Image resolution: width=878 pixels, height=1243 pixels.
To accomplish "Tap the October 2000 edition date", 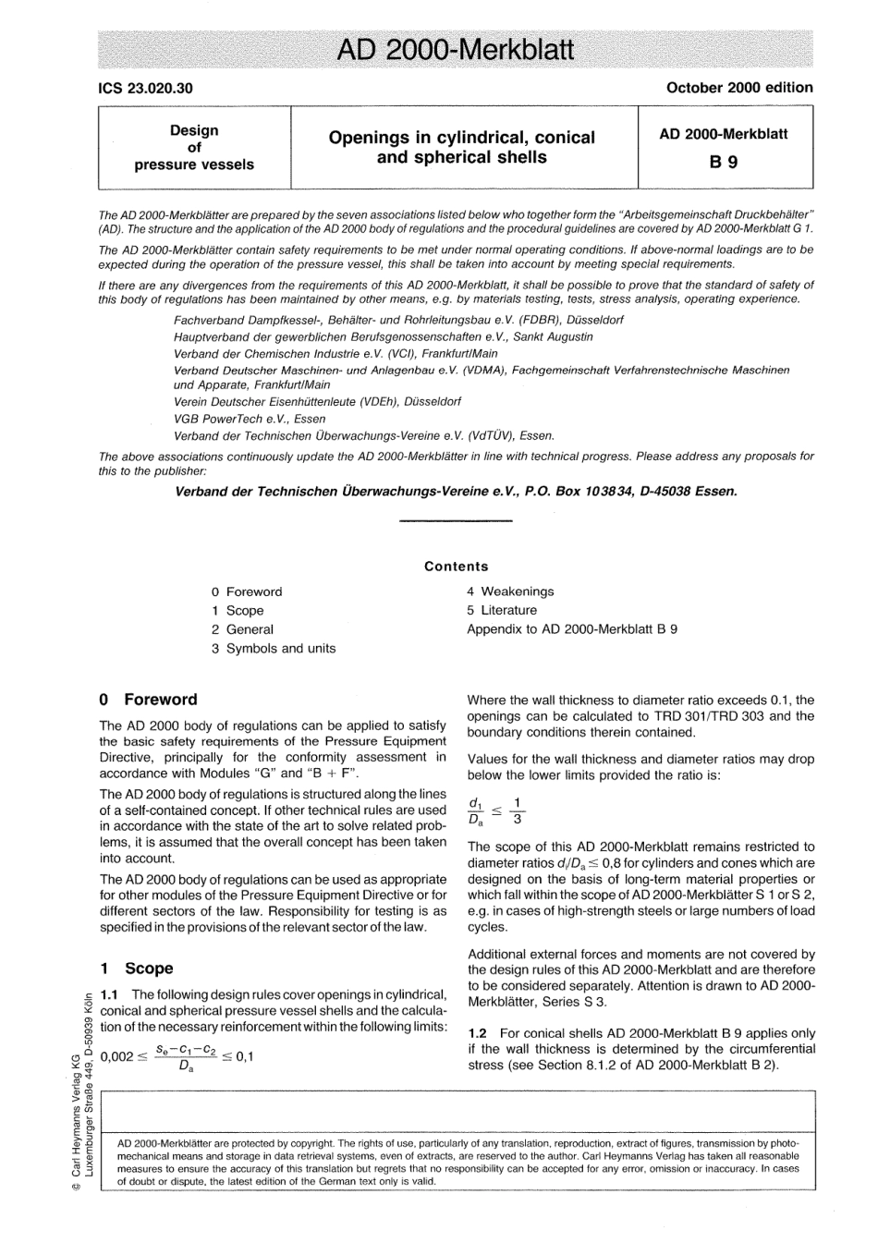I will coord(738,88).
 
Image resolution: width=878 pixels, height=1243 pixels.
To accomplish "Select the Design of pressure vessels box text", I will coord(194,148).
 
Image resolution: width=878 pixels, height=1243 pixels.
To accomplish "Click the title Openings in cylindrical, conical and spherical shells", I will coord(461,147).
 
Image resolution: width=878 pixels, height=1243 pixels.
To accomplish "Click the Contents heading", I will coord(456,567).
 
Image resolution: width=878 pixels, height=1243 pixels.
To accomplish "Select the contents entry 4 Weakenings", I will coord(510,591).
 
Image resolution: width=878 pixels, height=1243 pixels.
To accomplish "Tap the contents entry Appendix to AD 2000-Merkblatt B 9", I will coord(572,629).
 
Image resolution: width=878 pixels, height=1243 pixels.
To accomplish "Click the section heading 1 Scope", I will coord(137,969).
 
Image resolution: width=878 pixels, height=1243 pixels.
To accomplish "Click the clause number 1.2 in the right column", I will coord(478,1032).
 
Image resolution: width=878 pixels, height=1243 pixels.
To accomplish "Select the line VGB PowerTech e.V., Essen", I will coord(250,419).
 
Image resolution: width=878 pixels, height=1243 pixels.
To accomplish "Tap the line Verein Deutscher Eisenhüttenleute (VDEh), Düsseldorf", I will coord(317,402).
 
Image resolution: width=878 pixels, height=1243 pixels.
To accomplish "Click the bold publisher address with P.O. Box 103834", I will coord(456,491).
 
